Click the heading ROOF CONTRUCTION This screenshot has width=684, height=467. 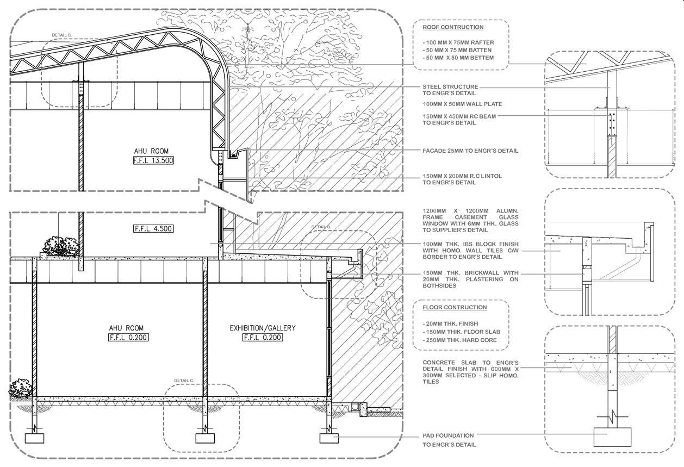[x=453, y=27]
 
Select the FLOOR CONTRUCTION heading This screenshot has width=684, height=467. [x=455, y=307]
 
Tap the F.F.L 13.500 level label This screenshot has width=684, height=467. [x=153, y=160]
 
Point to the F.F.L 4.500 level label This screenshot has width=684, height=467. [x=153, y=229]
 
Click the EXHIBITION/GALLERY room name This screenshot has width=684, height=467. [x=263, y=328]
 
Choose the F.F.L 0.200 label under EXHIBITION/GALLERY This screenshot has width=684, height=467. [x=263, y=338]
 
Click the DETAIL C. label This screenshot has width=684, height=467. [x=184, y=381]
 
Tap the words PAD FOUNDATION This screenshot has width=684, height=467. [x=448, y=435]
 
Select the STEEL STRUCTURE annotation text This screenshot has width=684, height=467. [x=450, y=86]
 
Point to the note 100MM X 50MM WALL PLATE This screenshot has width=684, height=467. [x=462, y=104]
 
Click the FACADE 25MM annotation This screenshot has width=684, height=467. [x=470, y=151]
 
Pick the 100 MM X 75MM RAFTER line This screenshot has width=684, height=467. [x=458, y=42]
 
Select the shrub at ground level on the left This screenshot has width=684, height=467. [x=20, y=388]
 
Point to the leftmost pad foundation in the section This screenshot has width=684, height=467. [x=35, y=438]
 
